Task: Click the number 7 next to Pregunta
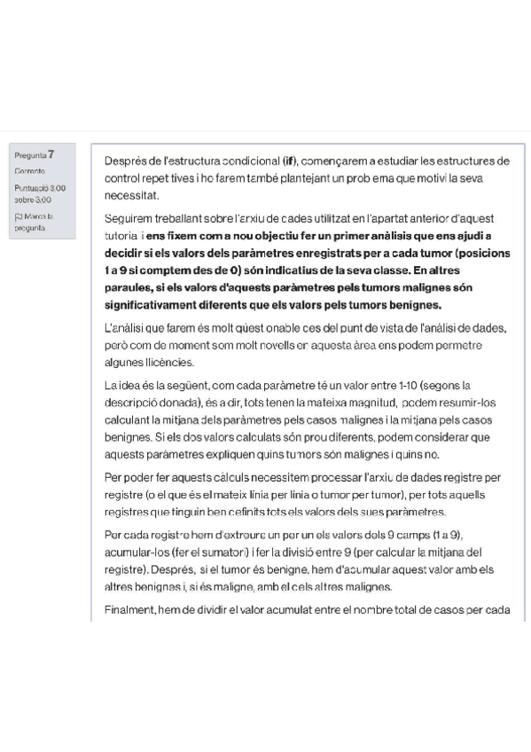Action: [x=52, y=154]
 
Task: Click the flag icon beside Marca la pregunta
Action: [x=18, y=215]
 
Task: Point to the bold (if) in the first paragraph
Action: [x=290, y=161]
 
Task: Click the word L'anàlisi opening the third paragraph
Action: [x=126, y=328]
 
